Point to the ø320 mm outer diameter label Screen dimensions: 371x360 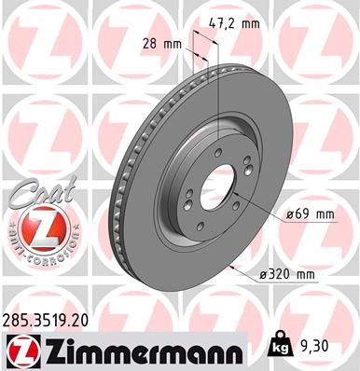pos(287,273)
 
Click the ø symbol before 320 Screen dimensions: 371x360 pos(265,273)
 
